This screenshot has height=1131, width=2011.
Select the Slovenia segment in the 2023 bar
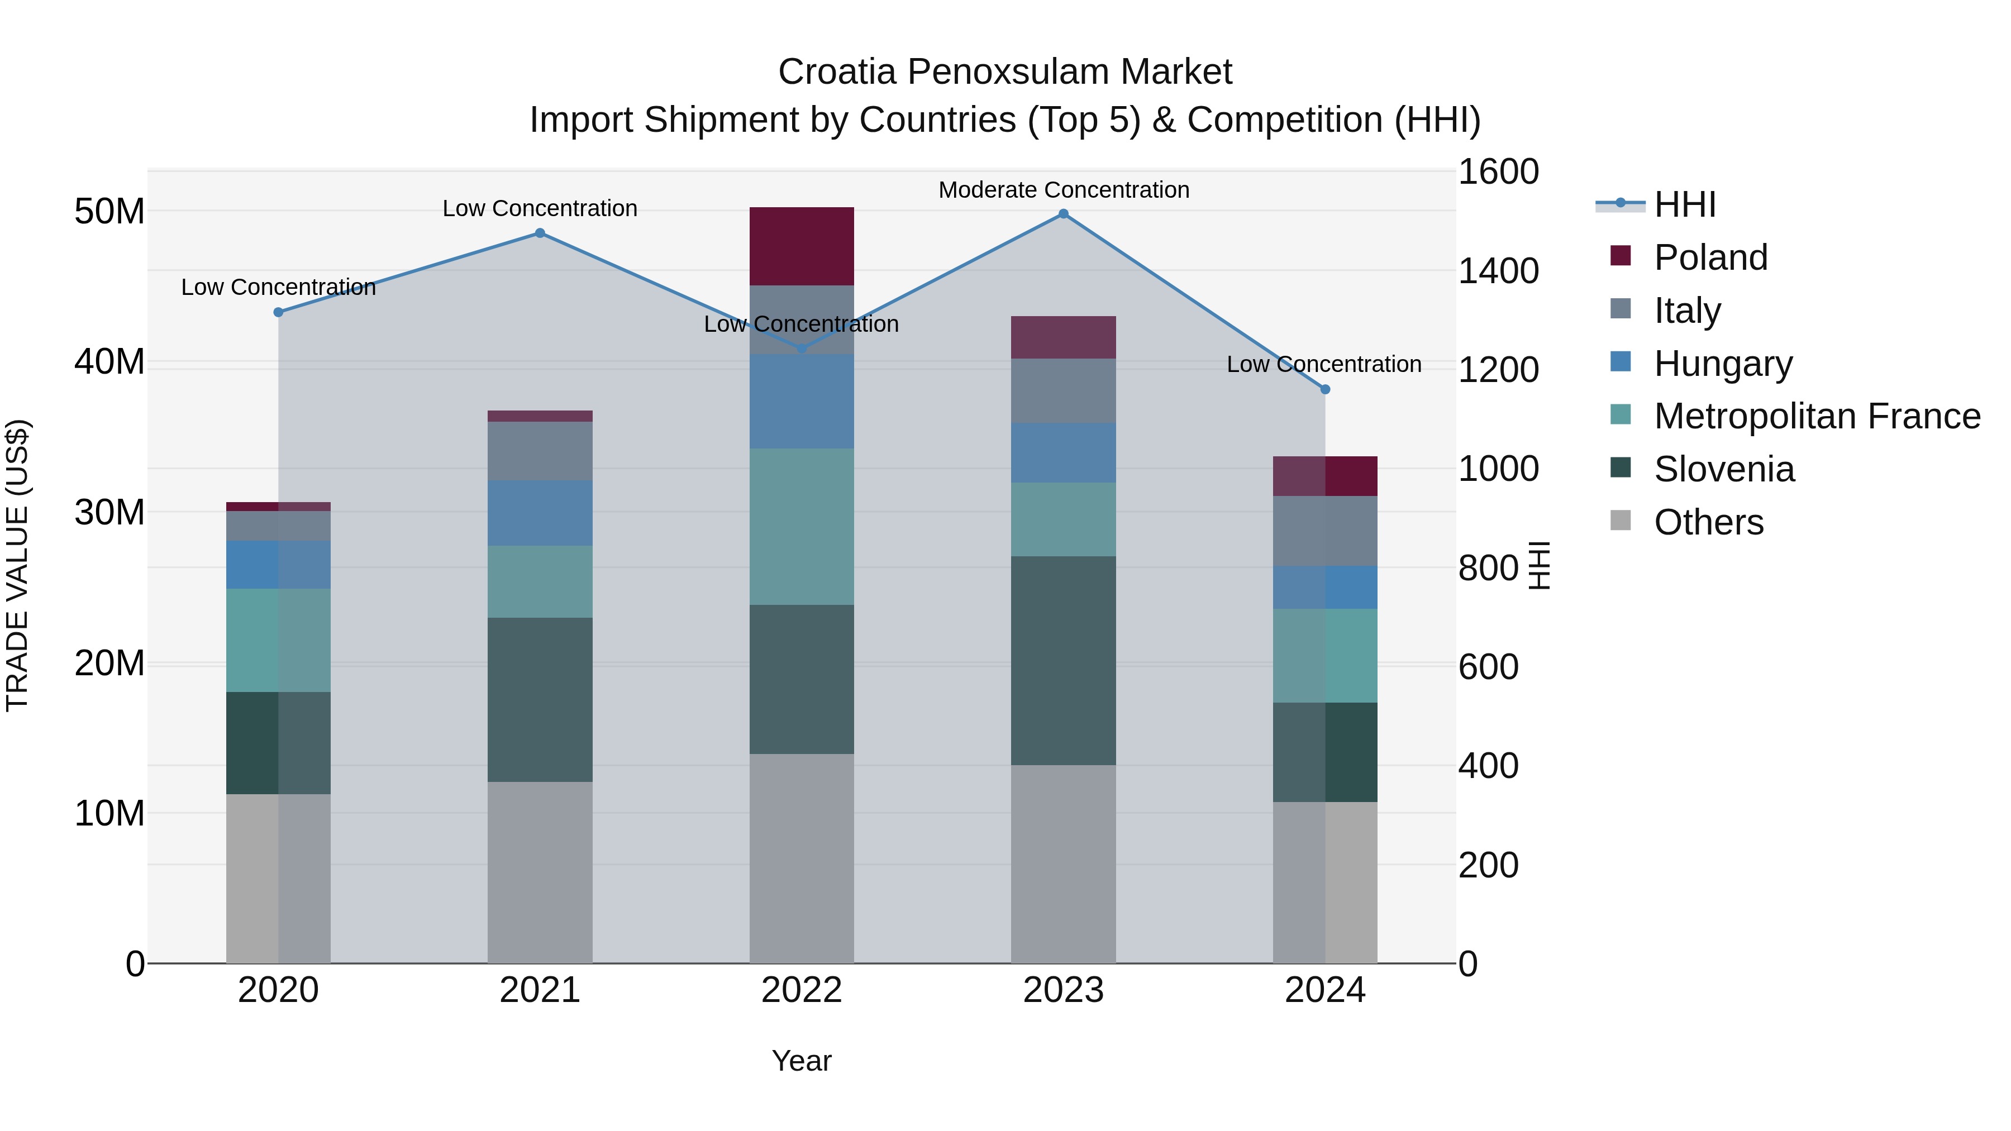pos(1062,660)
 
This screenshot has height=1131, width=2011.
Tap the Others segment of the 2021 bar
pos(540,872)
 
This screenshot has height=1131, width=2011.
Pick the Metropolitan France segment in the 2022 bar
pos(801,526)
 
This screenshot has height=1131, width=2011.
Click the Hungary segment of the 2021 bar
pos(540,513)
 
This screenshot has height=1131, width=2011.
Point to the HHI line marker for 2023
pos(1062,214)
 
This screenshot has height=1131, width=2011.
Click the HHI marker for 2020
pos(278,312)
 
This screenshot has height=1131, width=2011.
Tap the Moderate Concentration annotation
pos(1063,190)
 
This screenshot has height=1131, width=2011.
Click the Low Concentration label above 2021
pos(540,208)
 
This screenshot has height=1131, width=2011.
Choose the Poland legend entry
pos(1710,257)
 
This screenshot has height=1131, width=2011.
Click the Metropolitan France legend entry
pos(1816,416)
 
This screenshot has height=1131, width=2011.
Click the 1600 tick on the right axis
pos(1497,171)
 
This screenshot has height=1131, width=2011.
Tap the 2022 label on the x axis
pos(801,990)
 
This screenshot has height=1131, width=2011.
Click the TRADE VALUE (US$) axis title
pos(17,565)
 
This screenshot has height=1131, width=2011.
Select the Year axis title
pos(801,1061)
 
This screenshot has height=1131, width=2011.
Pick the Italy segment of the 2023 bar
pos(1062,391)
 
